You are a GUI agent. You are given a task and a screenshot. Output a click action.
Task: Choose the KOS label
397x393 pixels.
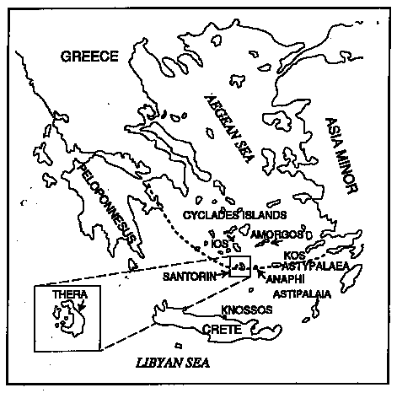295,254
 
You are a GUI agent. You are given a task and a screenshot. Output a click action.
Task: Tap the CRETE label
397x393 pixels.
225,330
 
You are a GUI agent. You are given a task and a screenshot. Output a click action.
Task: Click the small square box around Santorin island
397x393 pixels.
240,266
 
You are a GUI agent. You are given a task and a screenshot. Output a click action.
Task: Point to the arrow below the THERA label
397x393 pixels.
72,307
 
